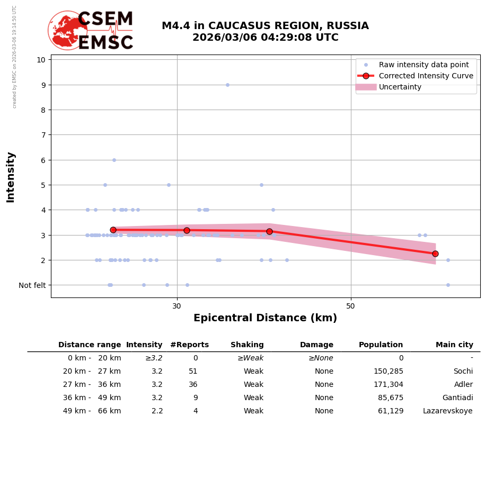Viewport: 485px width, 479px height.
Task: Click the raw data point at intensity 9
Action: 227,85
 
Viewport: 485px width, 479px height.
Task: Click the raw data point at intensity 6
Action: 114,160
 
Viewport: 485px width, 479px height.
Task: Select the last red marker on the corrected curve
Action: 435,254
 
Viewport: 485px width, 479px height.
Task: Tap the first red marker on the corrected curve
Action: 113,230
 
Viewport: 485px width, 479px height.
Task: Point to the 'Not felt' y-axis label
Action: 32,285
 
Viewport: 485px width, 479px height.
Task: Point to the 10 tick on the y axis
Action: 41,60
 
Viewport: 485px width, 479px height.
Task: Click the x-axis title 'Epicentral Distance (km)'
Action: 265,318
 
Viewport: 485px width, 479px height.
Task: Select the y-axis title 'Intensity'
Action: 11,177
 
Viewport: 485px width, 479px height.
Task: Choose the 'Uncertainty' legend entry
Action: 400,87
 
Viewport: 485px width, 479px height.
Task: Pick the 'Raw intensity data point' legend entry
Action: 424,65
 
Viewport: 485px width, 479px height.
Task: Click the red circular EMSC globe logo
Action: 67,30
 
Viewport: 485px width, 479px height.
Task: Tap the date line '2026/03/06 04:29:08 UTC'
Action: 265,38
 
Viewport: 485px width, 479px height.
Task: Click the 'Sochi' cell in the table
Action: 463,372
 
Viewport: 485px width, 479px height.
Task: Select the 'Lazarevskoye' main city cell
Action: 447,411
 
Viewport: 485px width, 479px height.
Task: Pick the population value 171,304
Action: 388,385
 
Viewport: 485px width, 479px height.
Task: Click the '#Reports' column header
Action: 189,345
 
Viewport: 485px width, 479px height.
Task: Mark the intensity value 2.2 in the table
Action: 157,411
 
